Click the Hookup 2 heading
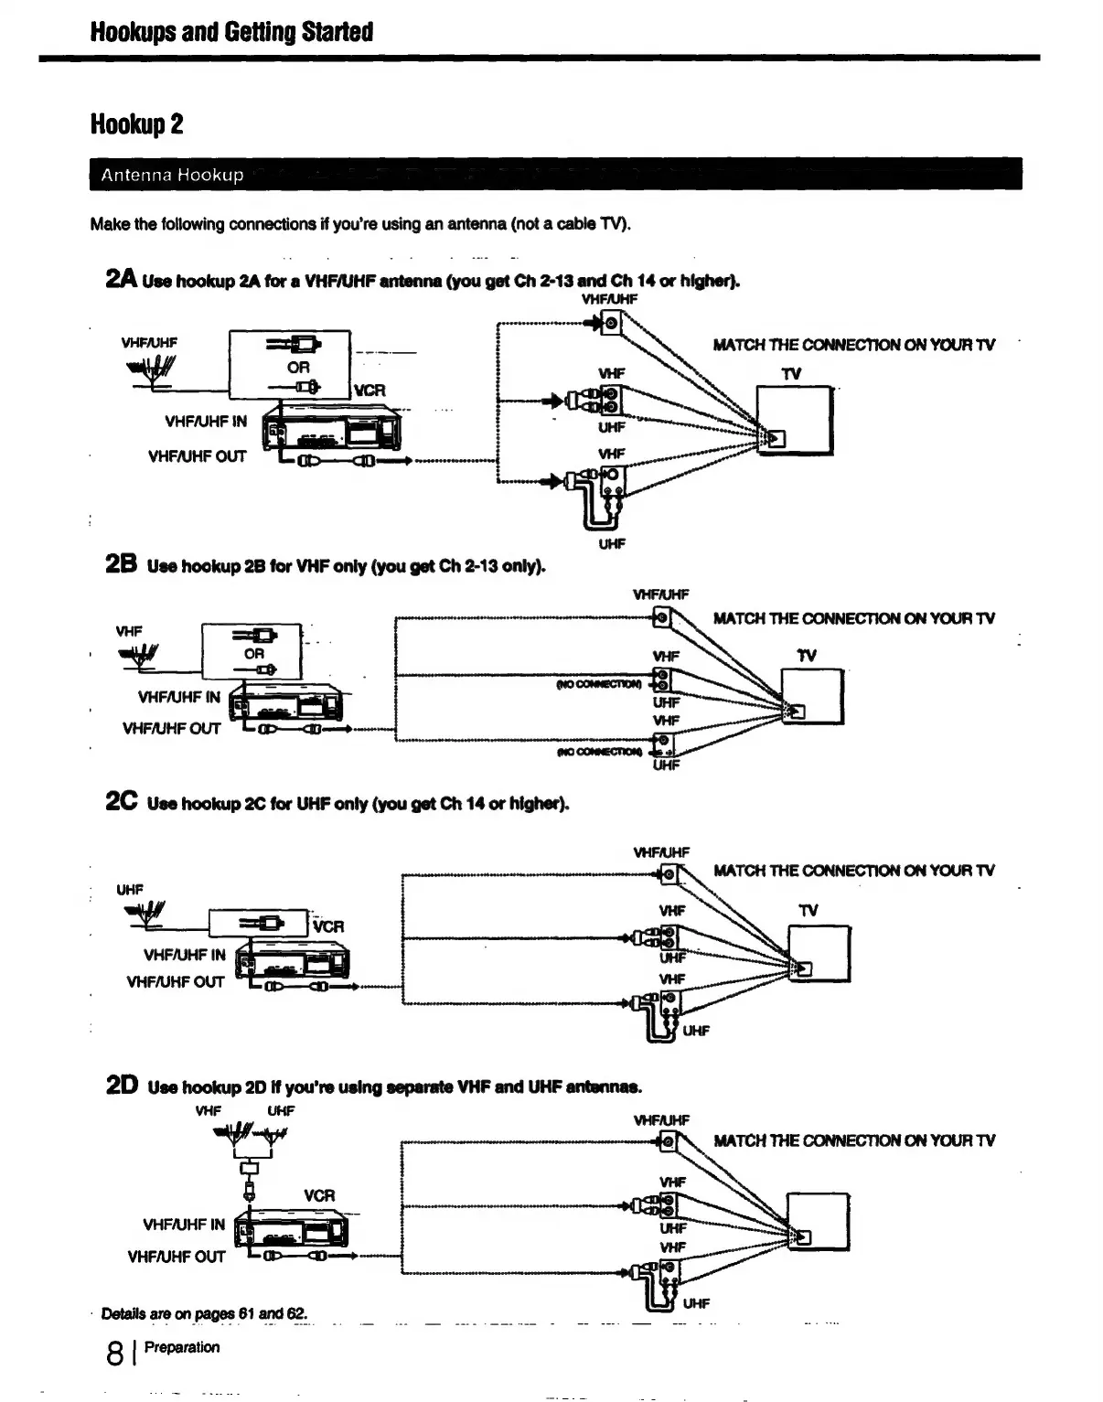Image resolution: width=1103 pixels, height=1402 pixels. click(137, 123)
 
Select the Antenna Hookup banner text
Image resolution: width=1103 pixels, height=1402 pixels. click(173, 175)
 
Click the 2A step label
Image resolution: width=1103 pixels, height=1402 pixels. click(121, 279)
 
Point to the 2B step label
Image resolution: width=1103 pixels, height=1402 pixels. click(121, 564)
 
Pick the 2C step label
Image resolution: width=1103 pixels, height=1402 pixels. click(122, 802)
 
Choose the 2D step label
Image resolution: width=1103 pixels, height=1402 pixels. click(122, 1086)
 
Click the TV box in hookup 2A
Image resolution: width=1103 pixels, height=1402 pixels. click(794, 421)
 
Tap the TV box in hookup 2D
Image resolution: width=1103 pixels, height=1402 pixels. click(819, 1222)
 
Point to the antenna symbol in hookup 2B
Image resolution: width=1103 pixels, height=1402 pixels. click(140, 653)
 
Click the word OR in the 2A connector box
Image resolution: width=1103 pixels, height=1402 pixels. click(298, 367)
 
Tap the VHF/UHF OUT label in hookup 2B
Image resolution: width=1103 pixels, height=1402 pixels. click(171, 729)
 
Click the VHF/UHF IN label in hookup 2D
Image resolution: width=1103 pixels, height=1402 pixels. click(183, 1225)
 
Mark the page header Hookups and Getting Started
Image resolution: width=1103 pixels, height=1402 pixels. click(231, 32)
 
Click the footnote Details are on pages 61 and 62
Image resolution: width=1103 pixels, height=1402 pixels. click(204, 1314)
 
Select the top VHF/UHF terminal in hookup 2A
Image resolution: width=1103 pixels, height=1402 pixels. click(612, 322)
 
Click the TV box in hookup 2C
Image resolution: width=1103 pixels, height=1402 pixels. click(819, 954)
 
